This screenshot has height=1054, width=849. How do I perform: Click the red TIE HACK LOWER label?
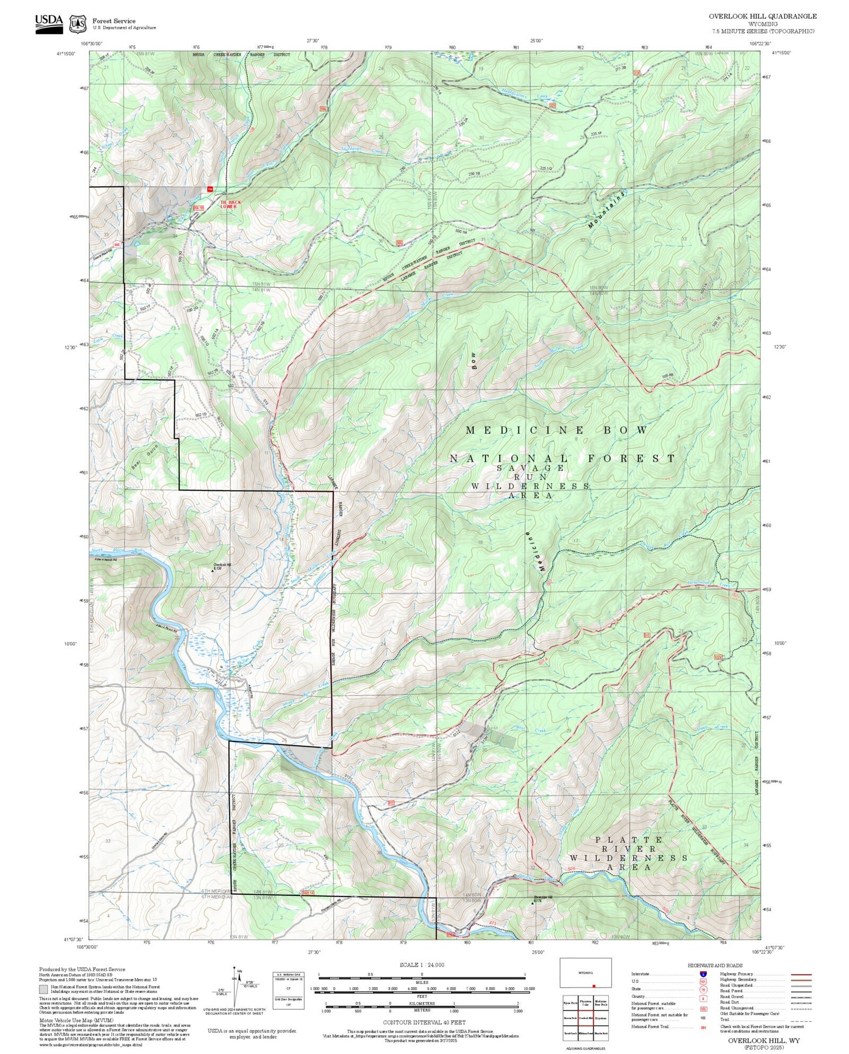point(230,204)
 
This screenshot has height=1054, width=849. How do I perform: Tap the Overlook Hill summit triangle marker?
point(213,570)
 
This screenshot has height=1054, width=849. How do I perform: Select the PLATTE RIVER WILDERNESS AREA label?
point(628,853)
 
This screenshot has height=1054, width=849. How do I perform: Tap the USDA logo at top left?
point(49,23)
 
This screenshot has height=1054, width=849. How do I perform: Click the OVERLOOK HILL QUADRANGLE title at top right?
point(762,16)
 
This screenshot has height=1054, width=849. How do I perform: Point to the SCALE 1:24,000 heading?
point(422,964)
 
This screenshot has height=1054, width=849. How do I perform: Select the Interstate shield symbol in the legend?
point(703,974)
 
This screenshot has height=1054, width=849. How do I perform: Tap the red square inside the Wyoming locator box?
point(593,986)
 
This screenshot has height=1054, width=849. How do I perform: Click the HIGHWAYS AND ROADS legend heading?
point(715,965)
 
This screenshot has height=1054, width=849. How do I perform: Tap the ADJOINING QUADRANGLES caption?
point(585,1048)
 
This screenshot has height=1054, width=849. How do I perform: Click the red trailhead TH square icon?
point(209,189)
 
